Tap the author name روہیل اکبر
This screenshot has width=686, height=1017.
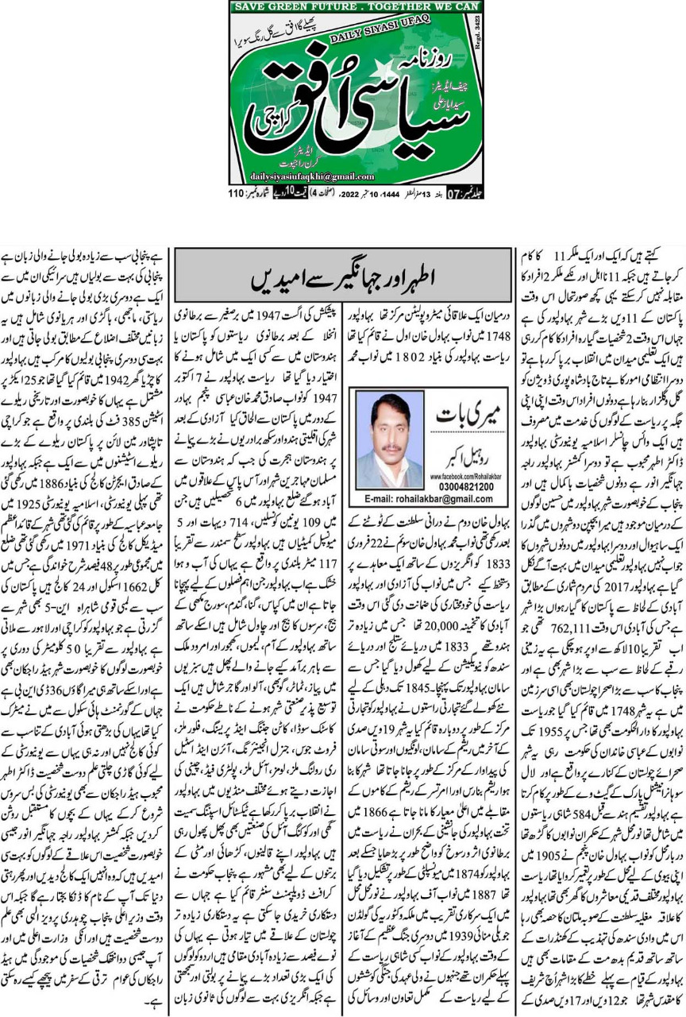pos(462,443)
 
